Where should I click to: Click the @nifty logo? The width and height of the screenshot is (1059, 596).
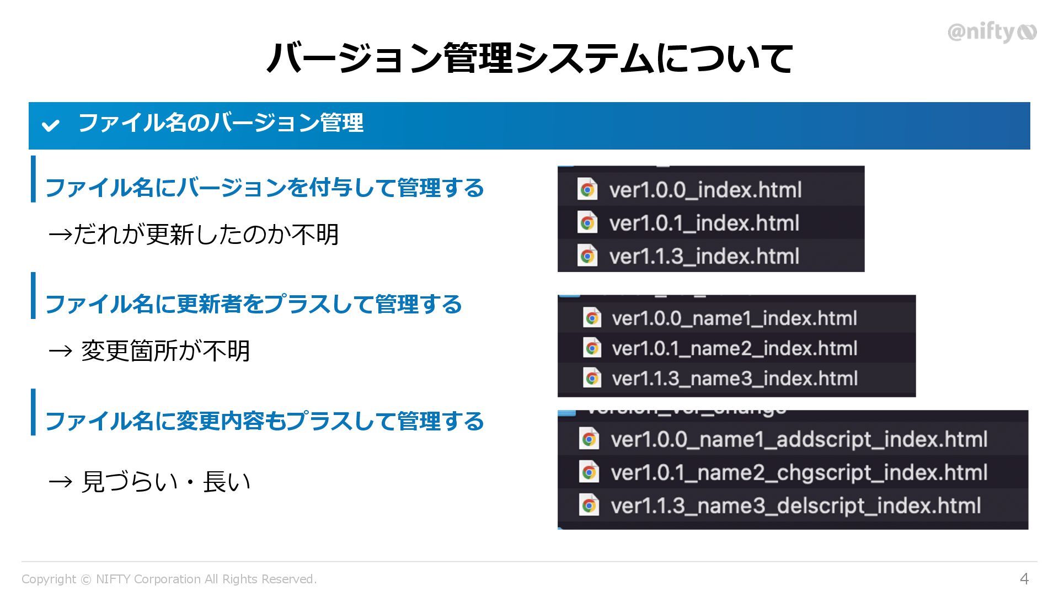coord(991,33)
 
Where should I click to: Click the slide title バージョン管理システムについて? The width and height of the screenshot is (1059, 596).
coord(529,58)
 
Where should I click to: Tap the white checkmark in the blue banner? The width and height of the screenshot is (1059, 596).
coord(50,125)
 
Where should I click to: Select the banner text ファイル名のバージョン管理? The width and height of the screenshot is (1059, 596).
coord(221,123)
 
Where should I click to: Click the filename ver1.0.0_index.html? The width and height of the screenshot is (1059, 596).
coord(705,190)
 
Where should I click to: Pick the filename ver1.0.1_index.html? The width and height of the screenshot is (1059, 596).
coord(704,223)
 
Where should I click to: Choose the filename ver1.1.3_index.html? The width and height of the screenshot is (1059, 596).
coord(704,257)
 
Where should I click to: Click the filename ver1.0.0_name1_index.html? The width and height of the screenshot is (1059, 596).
coord(734,318)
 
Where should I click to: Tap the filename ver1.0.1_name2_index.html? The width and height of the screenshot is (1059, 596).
coord(734,349)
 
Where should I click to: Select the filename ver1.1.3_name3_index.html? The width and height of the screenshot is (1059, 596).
coord(735,379)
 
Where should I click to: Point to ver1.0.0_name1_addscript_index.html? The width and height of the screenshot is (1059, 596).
coord(799,440)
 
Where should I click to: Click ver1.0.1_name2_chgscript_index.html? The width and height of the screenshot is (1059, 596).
coord(799,473)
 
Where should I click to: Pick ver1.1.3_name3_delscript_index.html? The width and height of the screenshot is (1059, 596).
coord(795,506)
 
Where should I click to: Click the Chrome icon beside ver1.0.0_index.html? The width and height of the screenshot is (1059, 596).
coord(587,190)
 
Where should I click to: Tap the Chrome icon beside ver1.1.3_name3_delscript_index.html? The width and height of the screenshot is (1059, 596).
coord(589,505)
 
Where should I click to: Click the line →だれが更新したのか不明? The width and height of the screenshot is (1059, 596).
coord(194,235)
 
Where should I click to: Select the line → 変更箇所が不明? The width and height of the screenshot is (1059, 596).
coord(149,351)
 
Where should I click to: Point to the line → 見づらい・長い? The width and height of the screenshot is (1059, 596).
coord(149,482)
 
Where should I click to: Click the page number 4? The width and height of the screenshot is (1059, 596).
coord(1024,579)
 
